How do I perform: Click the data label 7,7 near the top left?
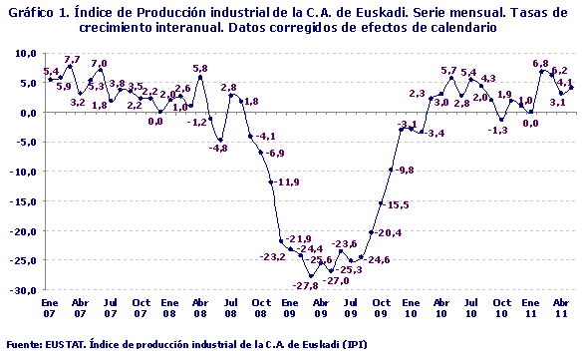(x=73, y=61)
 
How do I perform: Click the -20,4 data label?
(x=386, y=232)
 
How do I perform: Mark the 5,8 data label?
(x=200, y=69)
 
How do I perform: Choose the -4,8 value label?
(x=218, y=148)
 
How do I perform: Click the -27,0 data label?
(x=337, y=281)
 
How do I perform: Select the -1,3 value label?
(x=497, y=130)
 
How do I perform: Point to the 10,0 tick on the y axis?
(x=25, y=53)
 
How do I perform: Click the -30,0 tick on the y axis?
(x=23, y=291)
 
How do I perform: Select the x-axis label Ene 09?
(x=291, y=306)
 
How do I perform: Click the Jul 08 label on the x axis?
(x=230, y=306)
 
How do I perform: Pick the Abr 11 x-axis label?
(x=561, y=306)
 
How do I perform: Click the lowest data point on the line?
(x=311, y=276)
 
